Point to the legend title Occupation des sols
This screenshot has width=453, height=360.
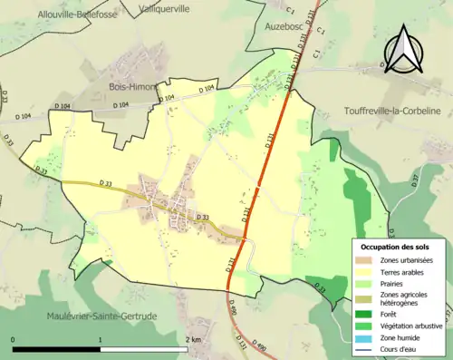pyautogui.click(x=395, y=246)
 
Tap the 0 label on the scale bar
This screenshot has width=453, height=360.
pyautogui.click(x=14, y=338)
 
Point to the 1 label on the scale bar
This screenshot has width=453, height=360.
pyautogui.click(x=101, y=338)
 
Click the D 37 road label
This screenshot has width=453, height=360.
pyautogui.click(x=416, y=180)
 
